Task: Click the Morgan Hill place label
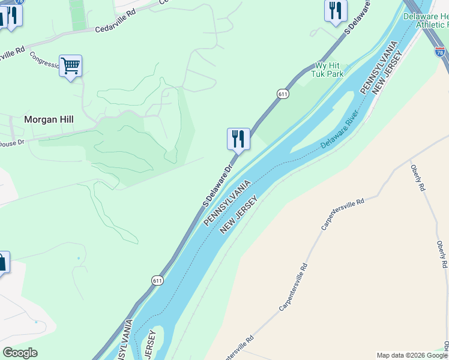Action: [49, 119]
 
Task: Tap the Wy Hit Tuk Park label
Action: [327, 70]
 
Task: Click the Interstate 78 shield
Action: [440, 52]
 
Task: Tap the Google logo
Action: [20, 353]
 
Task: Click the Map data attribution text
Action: [412, 355]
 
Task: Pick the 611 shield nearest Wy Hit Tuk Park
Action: [283, 94]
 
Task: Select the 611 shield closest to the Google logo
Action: [157, 280]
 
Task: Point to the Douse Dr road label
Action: [12, 142]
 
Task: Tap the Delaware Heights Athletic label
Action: [426, 20]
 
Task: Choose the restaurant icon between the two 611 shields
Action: [238, 139]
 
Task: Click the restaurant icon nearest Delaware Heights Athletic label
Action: [336, 11]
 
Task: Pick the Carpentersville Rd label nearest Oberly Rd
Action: [343, 214]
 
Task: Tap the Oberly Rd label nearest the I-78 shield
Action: [418, 178]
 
